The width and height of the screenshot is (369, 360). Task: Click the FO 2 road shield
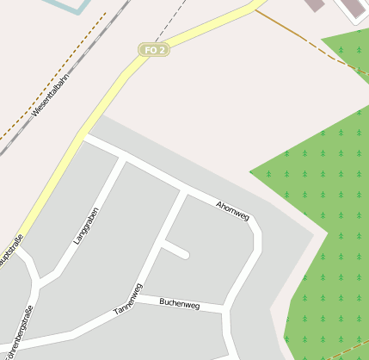[x=155, y=50]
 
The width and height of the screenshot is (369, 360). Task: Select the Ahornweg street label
[x=232, y=210]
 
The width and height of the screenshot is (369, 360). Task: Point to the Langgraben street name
[x=87, y=226]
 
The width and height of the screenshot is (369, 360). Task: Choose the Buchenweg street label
[x=179, y=304]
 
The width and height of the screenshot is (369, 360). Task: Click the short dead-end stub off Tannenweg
[x=176, y=250]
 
